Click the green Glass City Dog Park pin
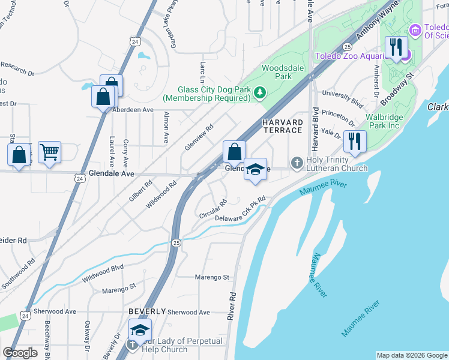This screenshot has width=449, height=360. [259, 92]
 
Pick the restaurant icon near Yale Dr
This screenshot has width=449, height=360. [355, 142]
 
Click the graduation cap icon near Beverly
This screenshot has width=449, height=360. [140, 331]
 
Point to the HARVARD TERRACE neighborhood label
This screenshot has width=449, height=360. [283, 126]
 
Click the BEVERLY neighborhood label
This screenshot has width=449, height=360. [147, 311]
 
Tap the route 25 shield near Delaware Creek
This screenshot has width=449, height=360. [176, 242]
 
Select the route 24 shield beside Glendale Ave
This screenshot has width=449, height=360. [80, 178]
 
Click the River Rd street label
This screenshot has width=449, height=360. [231, 306]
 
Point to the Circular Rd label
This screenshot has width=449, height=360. [213, 208]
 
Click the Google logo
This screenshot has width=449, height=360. [20, 352]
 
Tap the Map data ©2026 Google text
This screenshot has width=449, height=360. [411, 355]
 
